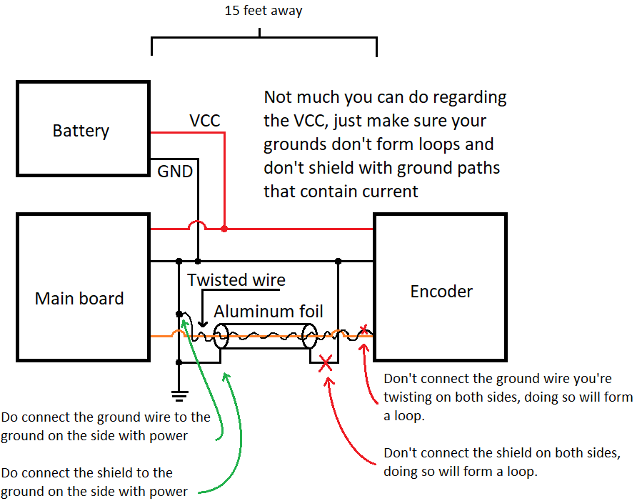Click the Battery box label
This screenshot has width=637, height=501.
[81, 131]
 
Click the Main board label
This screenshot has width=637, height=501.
[79, 298]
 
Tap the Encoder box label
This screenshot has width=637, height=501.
[441, 291]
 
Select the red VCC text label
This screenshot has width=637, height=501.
[204, 121]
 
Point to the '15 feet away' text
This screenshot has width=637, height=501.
[264, 11]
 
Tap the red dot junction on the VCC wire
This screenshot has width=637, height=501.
[224, 229]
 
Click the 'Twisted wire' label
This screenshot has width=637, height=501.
[236, 279]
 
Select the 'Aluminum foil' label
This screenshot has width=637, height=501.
[268, 311]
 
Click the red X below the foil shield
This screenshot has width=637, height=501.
[326, 364]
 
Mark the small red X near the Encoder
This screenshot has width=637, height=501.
[365, 329]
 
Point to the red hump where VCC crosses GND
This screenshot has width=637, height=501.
[197, 226]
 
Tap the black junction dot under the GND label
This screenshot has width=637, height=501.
[198, 261]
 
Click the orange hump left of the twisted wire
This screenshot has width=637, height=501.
[179, 332]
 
